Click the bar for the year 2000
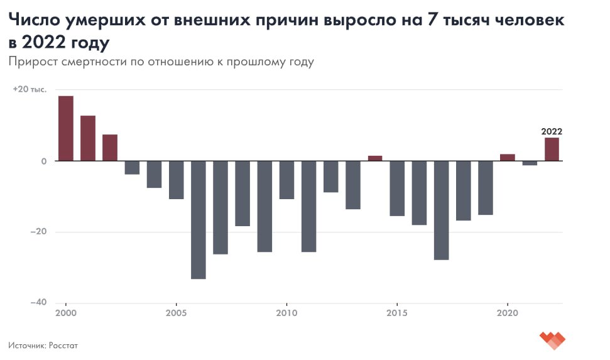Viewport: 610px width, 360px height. tap(65, 128)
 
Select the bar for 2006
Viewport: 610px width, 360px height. tap(198, 219)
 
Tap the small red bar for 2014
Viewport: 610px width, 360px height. tap(375, 158)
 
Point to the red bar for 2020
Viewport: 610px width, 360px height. tap(508, 157)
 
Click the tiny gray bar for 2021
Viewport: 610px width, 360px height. tap(530, 163)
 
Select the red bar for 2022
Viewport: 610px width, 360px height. tap(552, 149)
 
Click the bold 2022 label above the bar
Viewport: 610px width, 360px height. tap(552, 132)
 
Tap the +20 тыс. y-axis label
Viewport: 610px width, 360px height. tap(30, 89)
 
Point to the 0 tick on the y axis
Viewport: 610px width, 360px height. tap(44, 161)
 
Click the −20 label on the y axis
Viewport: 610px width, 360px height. tap(39, 232)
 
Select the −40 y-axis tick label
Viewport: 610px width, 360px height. tap(39, 302)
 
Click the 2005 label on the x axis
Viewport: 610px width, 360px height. tap(176, 313)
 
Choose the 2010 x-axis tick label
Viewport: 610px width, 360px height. tap(286, 313)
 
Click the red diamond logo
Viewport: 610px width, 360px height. tap(552, 340)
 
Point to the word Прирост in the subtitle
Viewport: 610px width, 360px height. tap(31, 62)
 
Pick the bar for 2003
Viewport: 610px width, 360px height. tap(132, 167)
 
